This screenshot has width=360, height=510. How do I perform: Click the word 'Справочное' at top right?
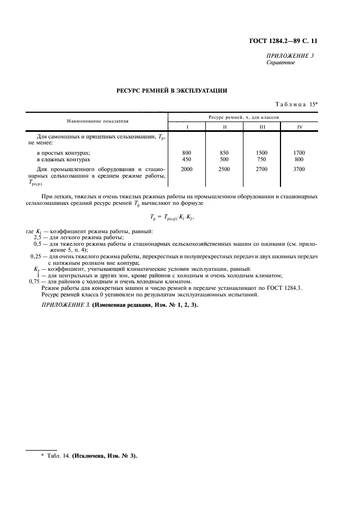tap(280, 63)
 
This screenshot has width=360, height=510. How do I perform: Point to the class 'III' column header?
tap(261, 126)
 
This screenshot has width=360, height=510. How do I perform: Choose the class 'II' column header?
tap(224, 126)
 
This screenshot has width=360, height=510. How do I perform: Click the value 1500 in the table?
tap(261, 153)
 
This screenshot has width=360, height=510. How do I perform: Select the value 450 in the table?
tap(187, 160)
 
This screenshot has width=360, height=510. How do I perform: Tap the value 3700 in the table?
tap(298, 169)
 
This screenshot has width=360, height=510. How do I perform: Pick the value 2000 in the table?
tap(187, 169)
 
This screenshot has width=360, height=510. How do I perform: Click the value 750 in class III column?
tap(261, 160)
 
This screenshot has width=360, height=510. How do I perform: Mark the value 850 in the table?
tap(224, 153)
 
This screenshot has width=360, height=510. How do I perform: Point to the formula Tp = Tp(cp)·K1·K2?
tap(172, 217)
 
